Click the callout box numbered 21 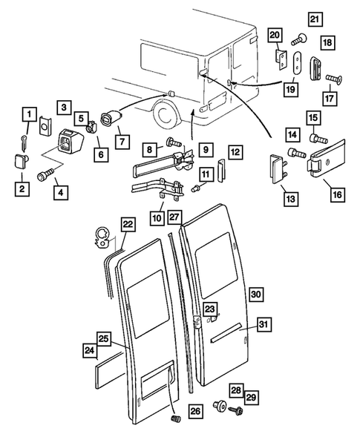[x=315, y=19]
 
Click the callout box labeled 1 [x=29, y=114]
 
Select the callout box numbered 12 [x=234, y=152]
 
